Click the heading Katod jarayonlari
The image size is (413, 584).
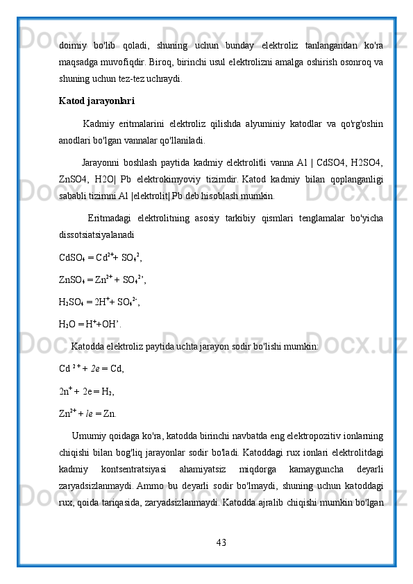tap(97, 101)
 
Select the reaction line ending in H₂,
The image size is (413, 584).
tap(87, 391)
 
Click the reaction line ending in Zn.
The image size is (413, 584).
tap(88, 414)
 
